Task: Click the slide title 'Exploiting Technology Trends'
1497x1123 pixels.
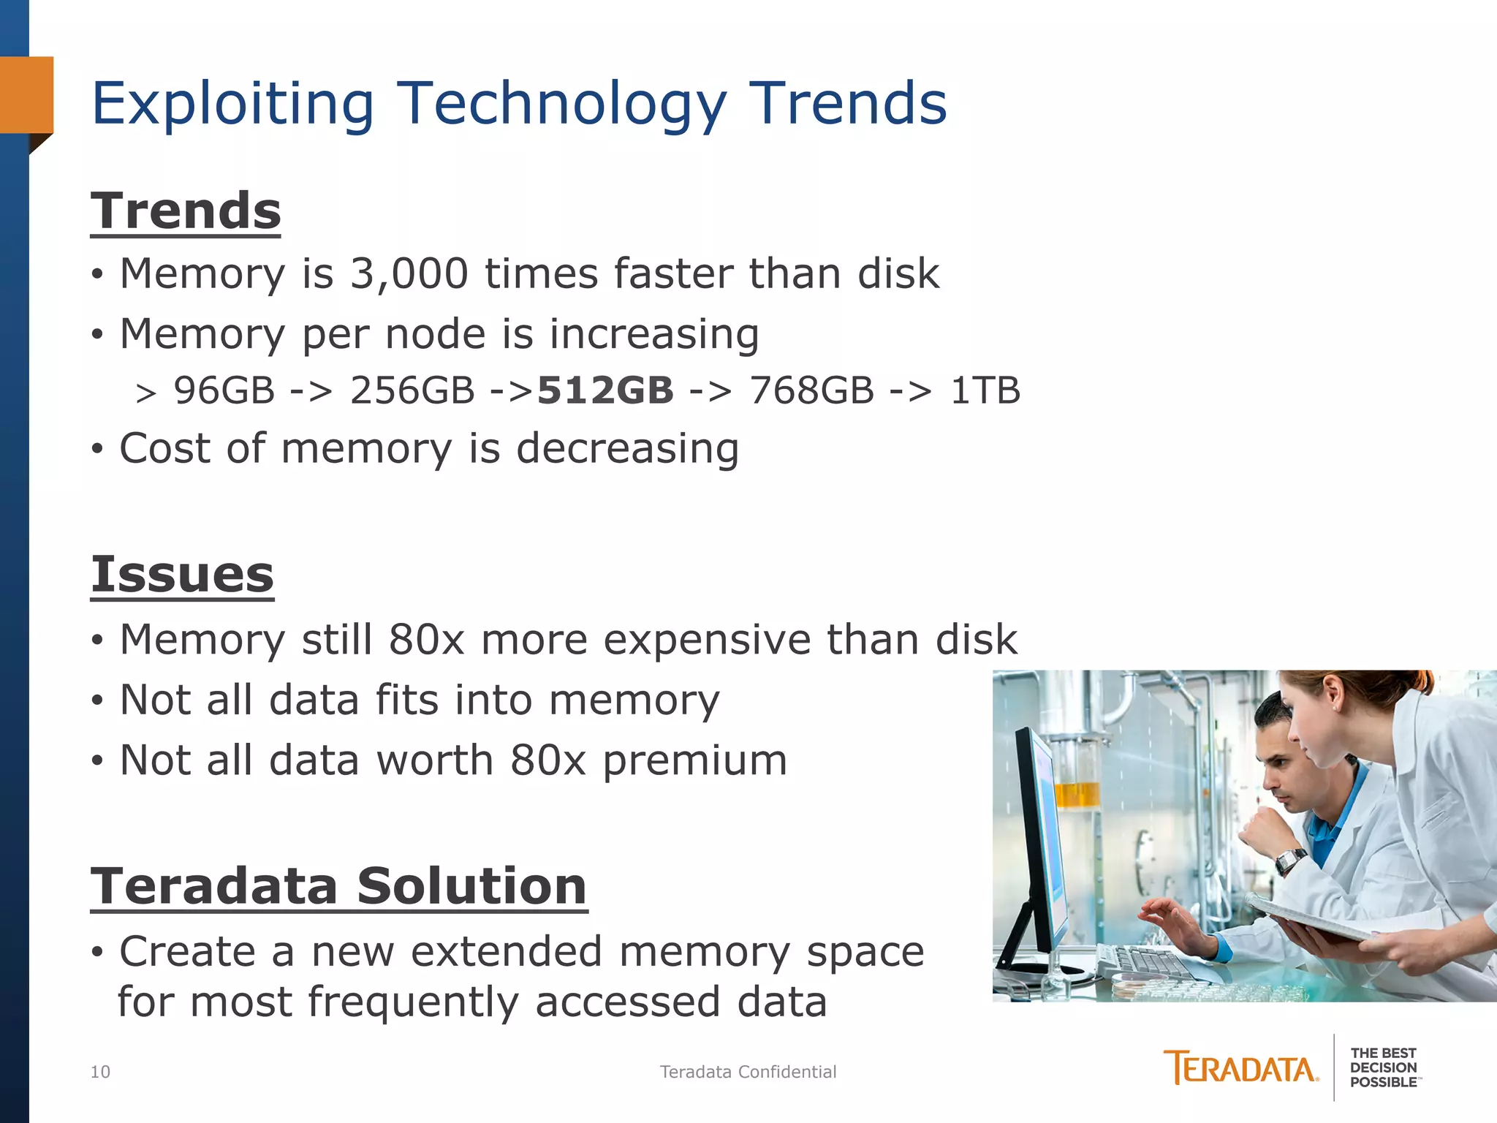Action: point(519,104)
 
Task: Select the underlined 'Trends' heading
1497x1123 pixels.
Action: point(186,211)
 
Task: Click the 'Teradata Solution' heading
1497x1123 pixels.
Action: point(338,886)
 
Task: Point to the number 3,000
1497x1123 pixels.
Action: point(409,273)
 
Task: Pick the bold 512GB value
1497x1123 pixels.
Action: point(605,390)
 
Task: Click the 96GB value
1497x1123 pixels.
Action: point(224,390)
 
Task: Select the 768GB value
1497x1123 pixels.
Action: point(811,390)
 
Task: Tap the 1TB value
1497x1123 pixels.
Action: point(985,390)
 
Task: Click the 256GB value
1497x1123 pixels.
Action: point(412,390)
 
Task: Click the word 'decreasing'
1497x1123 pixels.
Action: point(627,448)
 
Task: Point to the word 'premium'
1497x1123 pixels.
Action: point(694,760)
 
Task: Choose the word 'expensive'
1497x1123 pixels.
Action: point(706,640)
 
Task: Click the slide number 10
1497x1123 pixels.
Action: point(100,1072)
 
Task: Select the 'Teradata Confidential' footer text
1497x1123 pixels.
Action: point(748,1072)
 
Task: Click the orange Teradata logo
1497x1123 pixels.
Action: point(1240,1068)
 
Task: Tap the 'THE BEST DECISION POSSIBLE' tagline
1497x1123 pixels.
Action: point(1383,1067)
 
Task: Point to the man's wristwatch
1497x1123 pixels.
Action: point(1290,860)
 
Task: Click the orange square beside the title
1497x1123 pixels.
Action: point(27,95)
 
